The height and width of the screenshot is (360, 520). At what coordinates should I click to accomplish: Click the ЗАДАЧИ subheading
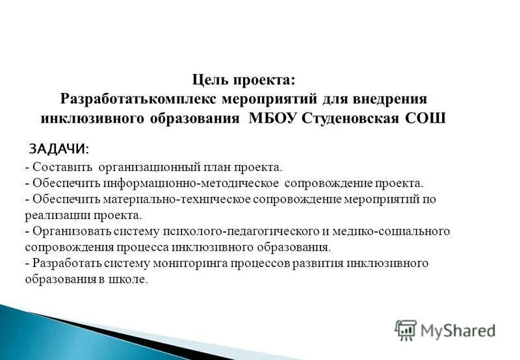(x=60, y=149)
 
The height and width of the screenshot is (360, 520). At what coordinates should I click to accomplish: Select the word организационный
(x=149, y=168)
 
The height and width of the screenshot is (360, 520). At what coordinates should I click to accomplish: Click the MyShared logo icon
(x=406, y=330)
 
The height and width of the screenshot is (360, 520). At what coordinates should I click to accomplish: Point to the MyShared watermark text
(x=458, y=331)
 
